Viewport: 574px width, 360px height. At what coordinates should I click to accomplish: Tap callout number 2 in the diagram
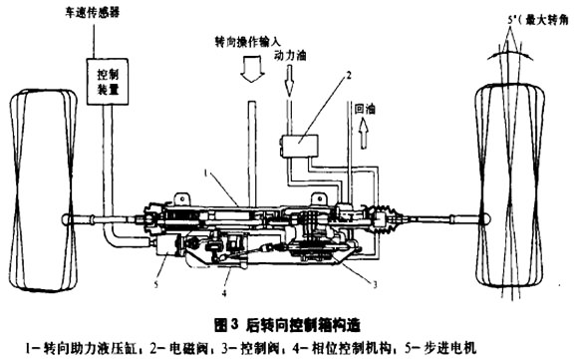tap(349, 74)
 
